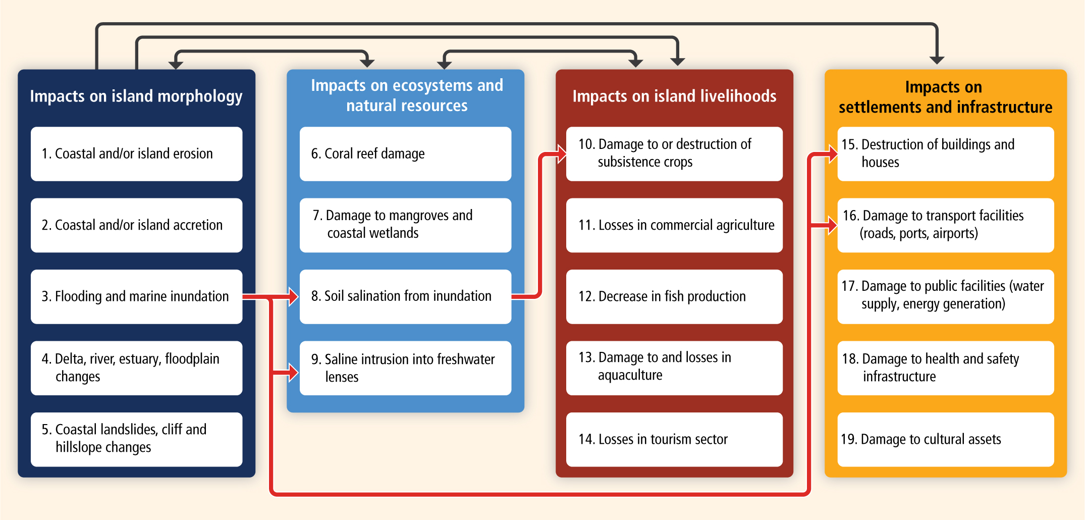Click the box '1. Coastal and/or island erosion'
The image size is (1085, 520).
click(x=136, y=153)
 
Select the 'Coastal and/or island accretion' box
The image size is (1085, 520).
click(x=136, y=225)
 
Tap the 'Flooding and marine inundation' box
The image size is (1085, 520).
click(x=136, y=296)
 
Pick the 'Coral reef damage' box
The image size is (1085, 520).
click(x=405, y=153)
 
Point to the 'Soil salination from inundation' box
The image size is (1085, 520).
click(x=405, y=296)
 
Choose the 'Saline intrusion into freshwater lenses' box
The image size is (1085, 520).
click(x=405, y=368)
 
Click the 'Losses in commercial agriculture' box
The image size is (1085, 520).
click(x=674, y=225)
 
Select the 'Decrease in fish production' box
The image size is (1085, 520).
click(x=674, y=296)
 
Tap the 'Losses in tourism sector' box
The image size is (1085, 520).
click(x=674, y=439)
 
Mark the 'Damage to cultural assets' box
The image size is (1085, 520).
click(x=946, y=439)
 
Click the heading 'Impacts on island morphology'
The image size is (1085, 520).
click(x=136, y=96)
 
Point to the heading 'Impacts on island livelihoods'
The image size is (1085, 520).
click(x=674, y=96)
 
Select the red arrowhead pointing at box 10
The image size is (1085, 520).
click(x=562, y=154)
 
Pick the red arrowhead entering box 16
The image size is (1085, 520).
click(x=833, y=225)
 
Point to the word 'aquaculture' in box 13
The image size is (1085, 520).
click(x=630, y=375)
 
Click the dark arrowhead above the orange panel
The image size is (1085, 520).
click(x=937, y=60)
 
